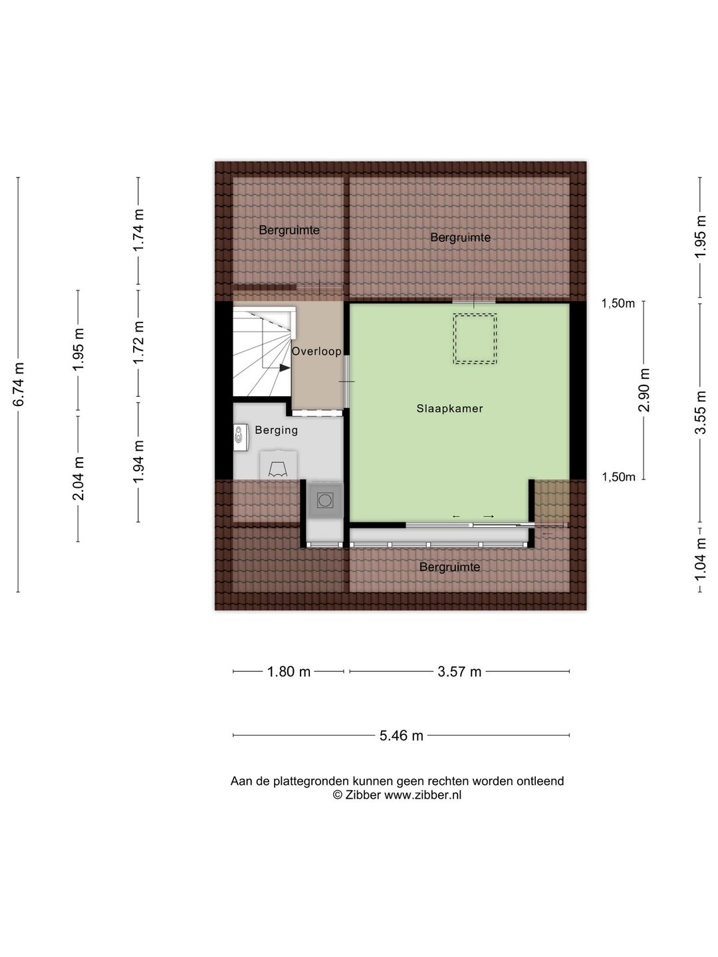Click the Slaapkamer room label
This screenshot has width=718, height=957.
(x=449, y=409)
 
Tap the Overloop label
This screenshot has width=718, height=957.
(x=316, y=351)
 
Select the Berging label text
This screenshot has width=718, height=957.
(x=277, y=431)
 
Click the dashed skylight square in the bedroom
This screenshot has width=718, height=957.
(x=475, y=338)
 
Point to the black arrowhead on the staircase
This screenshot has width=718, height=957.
(x=285, y=368)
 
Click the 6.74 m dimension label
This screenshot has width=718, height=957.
(x=19, y=384)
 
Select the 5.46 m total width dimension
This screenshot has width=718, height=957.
(x=401, y=736)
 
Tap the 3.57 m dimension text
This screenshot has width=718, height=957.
(x=459, y=671)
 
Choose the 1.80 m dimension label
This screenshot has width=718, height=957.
(x=289, y=671)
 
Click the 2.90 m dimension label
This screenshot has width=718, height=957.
(x=644, y=389)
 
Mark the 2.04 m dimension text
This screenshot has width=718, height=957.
(x=78, y=478)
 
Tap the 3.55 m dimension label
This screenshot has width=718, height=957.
(x=701, y=412)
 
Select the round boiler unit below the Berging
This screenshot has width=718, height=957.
(x=325, y=500)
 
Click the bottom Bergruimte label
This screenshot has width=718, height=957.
(x=449, y=567)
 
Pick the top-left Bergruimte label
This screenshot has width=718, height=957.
(x=289, y=230)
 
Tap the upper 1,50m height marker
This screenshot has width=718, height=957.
(x=618, y=303)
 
